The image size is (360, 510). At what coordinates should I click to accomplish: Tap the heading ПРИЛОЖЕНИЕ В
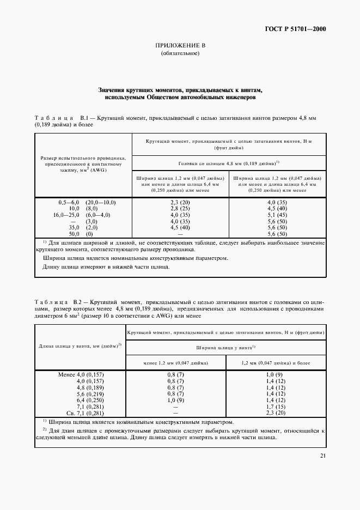click(x=180, y=46)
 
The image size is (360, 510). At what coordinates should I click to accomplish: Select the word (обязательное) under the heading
click(x=180, y=54)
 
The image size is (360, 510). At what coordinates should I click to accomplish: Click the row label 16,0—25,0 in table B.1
click(x=66, y=215)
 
